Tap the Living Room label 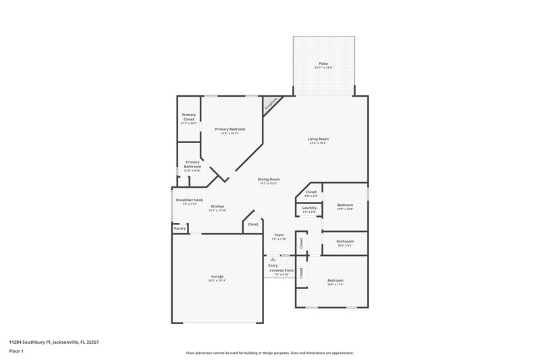319,139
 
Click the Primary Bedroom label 230,129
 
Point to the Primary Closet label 189,117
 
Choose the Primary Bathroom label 192,164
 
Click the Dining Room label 269,179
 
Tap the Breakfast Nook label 190,200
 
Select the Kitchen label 217,206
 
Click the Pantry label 180,228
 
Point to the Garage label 217,276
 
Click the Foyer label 279,234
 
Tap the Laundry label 309,207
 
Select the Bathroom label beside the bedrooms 345,241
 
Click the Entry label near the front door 273,265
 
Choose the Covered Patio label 281,270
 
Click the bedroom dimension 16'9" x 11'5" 335,284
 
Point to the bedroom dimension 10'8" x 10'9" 345,209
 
